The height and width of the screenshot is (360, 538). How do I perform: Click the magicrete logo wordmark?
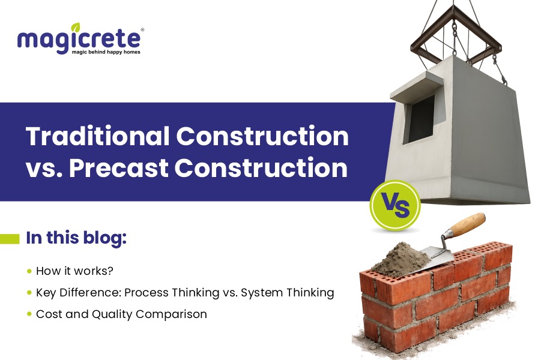click(x=79, y=40)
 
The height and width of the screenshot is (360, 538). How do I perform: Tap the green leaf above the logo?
click(x=75, y=27)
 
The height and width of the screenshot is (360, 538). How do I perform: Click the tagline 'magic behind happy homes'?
click(x=105, y=53)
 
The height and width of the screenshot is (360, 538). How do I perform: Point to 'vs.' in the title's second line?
click(x=44, y=168)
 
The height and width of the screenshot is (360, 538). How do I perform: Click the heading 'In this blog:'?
click(x=76, y=237)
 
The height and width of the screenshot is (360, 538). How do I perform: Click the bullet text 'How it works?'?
click(x=74, y=271)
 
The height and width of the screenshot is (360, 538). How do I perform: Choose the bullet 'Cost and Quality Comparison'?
click(x=121, y=314)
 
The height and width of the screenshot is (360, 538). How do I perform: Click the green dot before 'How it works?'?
click(x=29, y=271)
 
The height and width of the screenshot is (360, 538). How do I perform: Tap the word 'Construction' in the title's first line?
click(x=262, y=137)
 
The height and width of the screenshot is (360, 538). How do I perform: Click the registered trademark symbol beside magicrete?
click(x=142, y=29)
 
